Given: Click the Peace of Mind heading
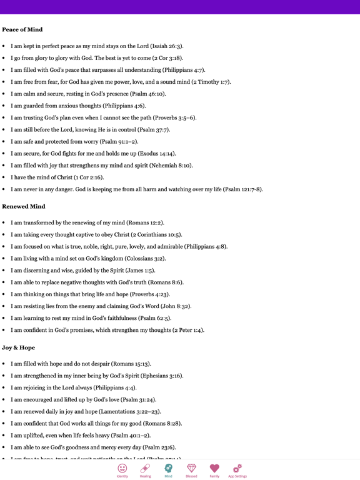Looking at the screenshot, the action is pos(22,29).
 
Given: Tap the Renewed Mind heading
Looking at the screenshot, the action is pos(24,206).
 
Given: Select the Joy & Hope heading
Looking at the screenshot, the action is pos(19,347).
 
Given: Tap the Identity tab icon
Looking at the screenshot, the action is pos(122,468).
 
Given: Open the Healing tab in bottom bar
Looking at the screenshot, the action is pos(145,468).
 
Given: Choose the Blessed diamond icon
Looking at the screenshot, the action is pos(191,468).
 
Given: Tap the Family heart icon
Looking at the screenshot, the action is pos(214,468).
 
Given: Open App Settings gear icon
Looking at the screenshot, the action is pos(237,468).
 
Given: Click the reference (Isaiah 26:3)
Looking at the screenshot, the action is pos(164,46).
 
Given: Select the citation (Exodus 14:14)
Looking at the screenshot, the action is pos(154,154).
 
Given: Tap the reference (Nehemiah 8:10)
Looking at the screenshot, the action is pos(169,166).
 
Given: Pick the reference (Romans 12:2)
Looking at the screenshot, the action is pos(146,223).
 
